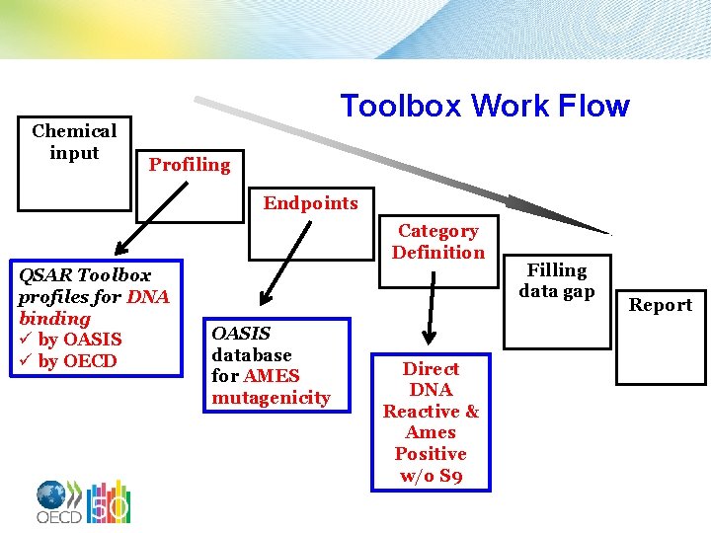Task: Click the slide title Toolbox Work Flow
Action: (x=484, y=106)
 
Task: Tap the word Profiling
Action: (x=189, y=165)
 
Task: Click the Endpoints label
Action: (x=310, y=203)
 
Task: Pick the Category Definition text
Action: (x=437, y=242)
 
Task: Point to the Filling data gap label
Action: (x=556, y=280)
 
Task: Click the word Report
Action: (x=661, y=305)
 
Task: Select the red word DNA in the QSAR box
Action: (x=148, y=296)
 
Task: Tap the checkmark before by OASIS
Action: (x=26, y=341)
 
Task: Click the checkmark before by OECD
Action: (x=26, y=361)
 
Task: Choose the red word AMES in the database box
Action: (x=272, y=376)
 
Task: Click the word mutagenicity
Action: (x=271, y=398)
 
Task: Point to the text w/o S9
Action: (x=431, y=476)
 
